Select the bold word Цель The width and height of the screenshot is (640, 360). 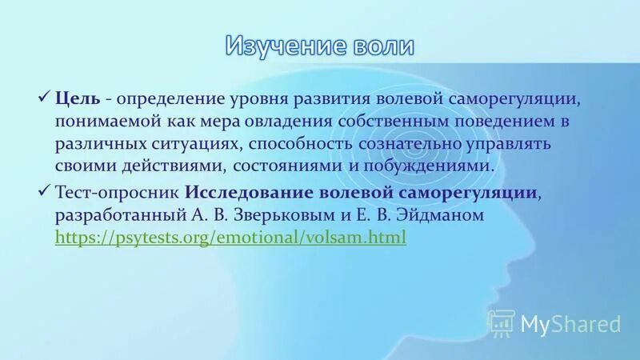click(x=78, y=99)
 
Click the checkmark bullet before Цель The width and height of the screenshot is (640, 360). click(x=44, y=98)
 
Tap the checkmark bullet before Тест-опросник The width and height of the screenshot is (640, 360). click(x=44, y=191)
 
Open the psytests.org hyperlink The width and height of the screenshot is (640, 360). click(x=230, y=238)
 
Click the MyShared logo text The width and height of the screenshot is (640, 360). click(x=570, y=324)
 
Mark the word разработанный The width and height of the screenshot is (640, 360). click(x=117, y=215)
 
